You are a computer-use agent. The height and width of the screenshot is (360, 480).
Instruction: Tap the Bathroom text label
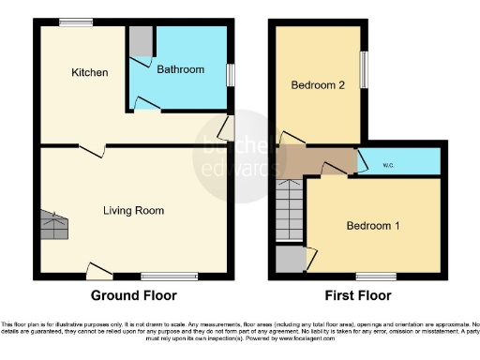[180, 69]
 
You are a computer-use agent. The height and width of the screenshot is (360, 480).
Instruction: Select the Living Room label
[134, 211]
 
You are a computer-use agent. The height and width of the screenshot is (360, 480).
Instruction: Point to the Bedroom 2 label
[317, 85]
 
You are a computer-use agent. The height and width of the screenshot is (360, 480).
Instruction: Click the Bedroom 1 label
[372, 226]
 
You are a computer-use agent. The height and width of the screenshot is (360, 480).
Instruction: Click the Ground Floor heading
[133, 295]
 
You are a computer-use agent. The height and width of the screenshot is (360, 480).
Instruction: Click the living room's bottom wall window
[169, 277]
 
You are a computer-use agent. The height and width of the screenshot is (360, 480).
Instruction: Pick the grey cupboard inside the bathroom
[141, 42]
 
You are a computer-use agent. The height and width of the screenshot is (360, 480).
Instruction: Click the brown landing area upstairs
[317, 160]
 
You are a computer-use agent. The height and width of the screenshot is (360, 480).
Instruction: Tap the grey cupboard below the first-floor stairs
[290, 259]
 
